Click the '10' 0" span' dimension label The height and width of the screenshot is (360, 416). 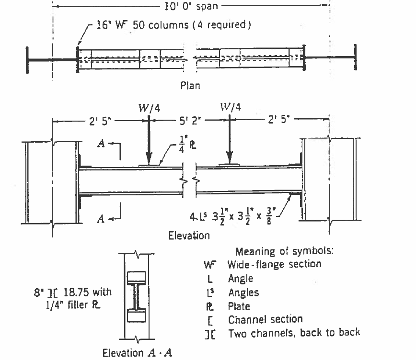click(190, 7)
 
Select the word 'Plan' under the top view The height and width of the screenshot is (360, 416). click(190, 86)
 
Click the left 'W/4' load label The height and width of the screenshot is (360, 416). click(150, 108)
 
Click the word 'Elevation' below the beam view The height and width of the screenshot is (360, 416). click(189, 235)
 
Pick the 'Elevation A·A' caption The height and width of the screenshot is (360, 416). click(137, 353)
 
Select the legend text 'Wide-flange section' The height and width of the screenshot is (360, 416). click(274, 264)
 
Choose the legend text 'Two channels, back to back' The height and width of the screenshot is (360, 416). click(294, 332)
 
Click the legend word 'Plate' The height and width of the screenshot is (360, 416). click(239, 305)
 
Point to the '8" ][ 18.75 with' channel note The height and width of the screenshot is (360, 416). click(76, 292)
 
